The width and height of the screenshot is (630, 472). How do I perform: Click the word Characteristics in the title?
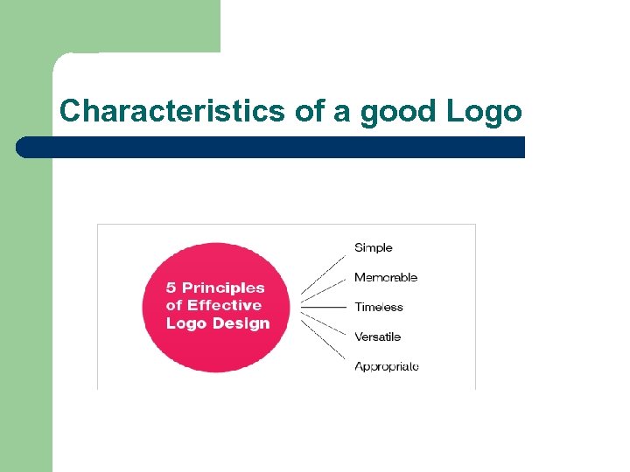pyautogui.click(x=171, y=111)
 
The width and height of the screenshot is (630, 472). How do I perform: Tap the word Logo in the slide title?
pyautogui.click(x=484, y=111)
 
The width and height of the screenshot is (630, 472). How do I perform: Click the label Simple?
pyautogui.click(x=374, y=248)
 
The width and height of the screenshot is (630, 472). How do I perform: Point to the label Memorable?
pyautogui.click(x=386, y=278)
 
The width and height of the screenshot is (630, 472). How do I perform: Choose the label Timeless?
pyautogui.click(x=379, y=307)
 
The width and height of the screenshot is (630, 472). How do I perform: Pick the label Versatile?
pyautogui.click(x=378, y=337)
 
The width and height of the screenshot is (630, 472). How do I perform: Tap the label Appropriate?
pyautogui.click(x=387, y=366)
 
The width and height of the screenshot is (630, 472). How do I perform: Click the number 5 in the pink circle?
pyautogui.click(x=171, y=288)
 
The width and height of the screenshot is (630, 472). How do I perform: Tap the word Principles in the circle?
pyautogui.click(x=223, y=288)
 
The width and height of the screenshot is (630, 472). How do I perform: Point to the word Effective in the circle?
pyautogui.click(x=224, y=305)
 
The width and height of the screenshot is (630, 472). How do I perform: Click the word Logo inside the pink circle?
pyautogui.click(x=184, y=323)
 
